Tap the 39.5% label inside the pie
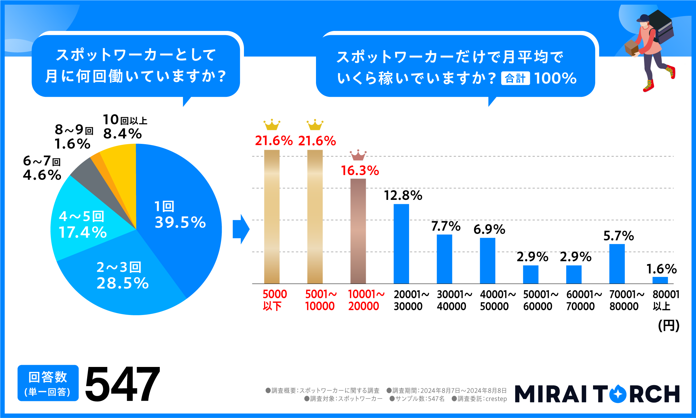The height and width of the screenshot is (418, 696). coord(180,222)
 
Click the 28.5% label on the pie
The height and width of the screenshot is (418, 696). coord(122,283)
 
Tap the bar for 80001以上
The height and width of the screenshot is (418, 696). coord(660,280)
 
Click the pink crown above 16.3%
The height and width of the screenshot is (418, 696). coord(358,155)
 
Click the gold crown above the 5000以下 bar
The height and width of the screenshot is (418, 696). coord(272,125)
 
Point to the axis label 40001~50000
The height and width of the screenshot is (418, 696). coord(497,300)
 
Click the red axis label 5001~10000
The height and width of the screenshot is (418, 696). coord(320,300)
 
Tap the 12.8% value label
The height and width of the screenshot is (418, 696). coord(403,196)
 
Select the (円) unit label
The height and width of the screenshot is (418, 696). coord(668,325)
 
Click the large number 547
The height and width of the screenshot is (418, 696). coord(122,384)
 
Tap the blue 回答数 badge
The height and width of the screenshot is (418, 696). coord(48,383)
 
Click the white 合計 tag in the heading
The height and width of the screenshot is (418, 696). coord(515,78)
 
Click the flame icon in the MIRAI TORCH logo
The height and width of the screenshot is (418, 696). coord(617,394)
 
